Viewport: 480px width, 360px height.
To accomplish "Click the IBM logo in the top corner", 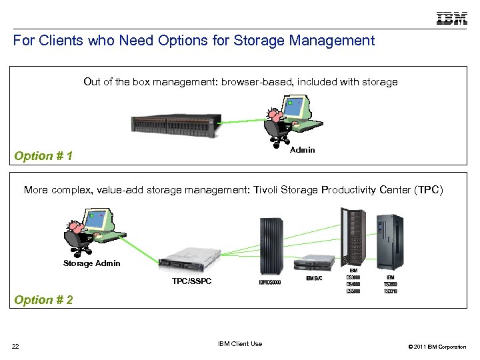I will pos(451,18).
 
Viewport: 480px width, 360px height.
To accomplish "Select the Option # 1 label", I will pos(43,156).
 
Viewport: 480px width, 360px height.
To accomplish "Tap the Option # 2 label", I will pos(43,300).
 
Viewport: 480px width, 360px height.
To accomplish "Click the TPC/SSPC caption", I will pos(191,281).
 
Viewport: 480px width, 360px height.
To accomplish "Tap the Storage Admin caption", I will pos(92,263).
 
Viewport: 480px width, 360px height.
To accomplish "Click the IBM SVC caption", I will pos(314,278).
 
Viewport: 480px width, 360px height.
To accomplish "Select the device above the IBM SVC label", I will pos(316,262).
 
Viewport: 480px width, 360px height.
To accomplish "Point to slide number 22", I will pos(15,345).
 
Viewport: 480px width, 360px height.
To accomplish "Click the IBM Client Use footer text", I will pos(240,344).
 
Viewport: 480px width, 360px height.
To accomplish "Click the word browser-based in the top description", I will pos(258,82).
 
